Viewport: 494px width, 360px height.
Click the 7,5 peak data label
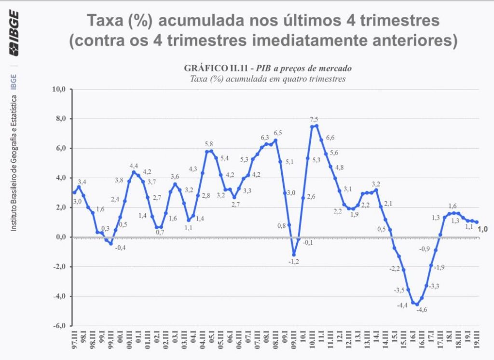coord(314,120)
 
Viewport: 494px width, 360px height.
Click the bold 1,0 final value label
coord(482,229)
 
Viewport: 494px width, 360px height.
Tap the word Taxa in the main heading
coord(105,22)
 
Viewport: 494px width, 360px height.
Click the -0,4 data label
coord(120,248)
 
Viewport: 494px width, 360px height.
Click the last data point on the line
coord(477,222)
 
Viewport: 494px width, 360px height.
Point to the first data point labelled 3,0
coord(74,193)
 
